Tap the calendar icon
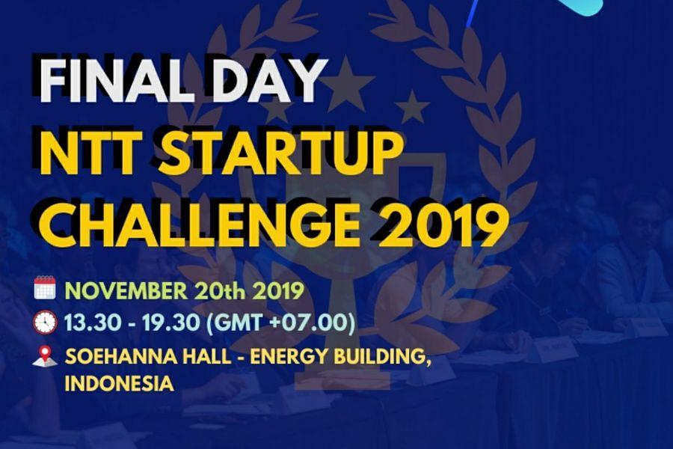click(x=45, y=287)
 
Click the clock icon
click(x=45, y=322)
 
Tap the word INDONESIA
click(x=119, y=385)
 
